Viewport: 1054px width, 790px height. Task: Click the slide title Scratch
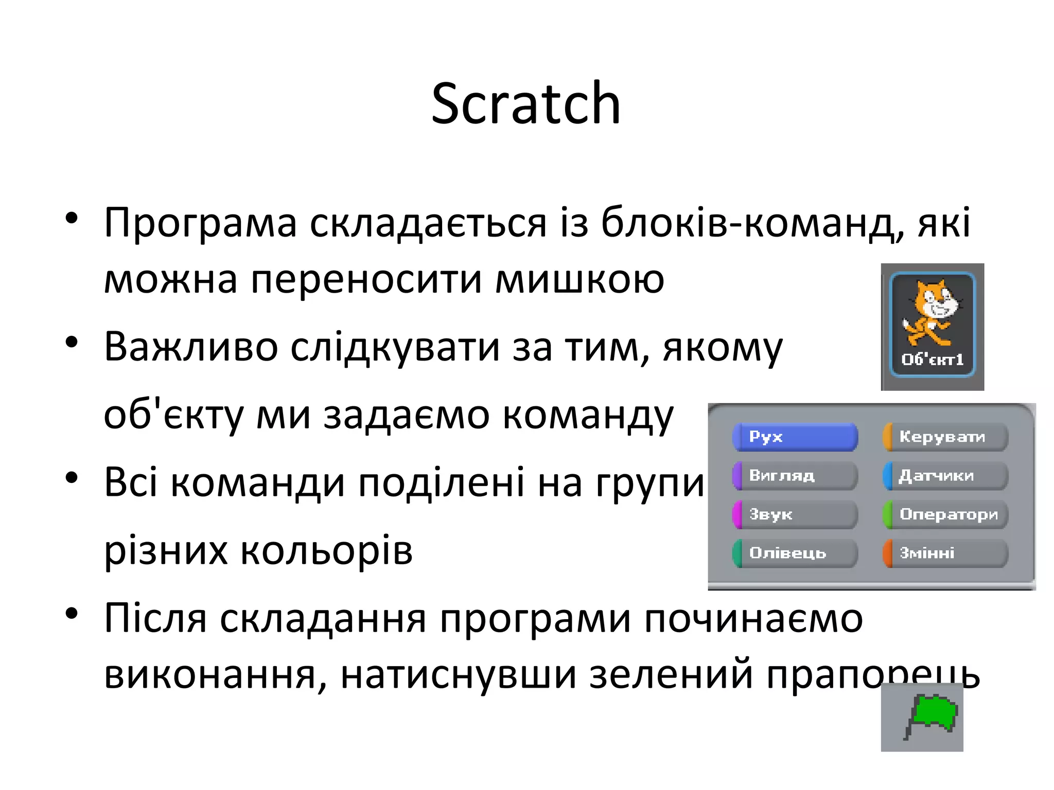[x=526, y=104]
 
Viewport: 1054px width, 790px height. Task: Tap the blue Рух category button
[x=795, y=437]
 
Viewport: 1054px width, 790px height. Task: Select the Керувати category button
[x=945, y=437]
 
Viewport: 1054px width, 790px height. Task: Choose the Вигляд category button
[x=795, y=476]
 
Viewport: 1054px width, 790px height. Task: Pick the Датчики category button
[x=945, y=476]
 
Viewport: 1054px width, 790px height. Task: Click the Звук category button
[x=795, y=514]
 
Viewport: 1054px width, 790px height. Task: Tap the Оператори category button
[x=945, y=514]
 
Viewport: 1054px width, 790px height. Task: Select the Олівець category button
[x=795, y=553]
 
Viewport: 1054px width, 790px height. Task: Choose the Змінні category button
[x=945, y=553]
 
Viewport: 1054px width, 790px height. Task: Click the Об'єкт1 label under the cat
[x=932, y=360]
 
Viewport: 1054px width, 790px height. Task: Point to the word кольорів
[x=326, y=551]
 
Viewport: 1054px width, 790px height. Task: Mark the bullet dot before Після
[x=72, y=613]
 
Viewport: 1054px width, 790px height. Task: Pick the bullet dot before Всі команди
[x=72, y=477]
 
